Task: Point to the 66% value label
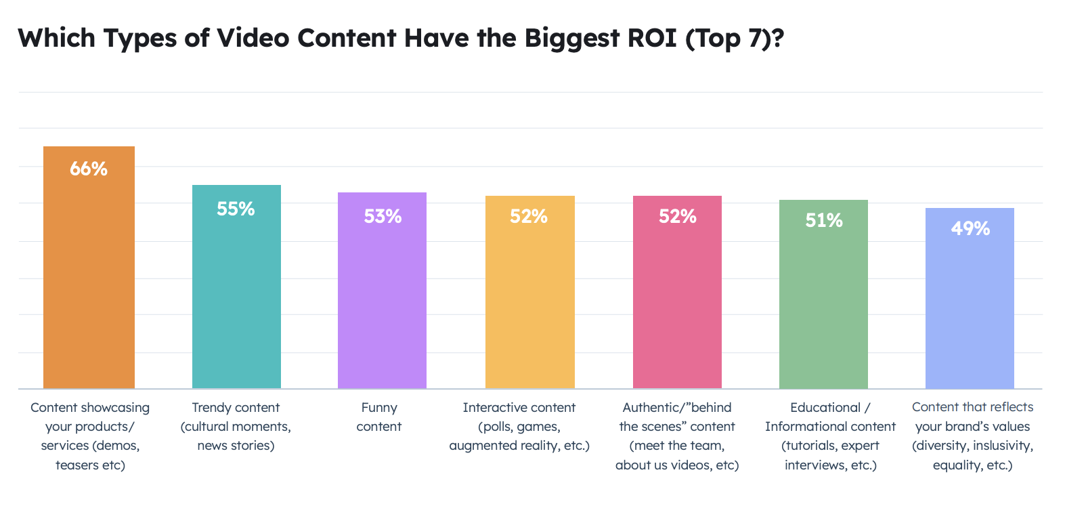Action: click(x=89, y=169)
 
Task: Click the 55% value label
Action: click(x=236, y=209)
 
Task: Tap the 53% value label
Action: click(x=383, y=216)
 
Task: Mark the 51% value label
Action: click(x=824, y=220)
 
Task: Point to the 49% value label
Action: click(x=970, y=228)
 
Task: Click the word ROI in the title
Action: click(x=651, y=39)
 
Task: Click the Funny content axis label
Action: click(x=379, y=417)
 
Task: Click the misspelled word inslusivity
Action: click(x=1003, y=446)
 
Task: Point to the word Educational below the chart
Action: click(x=824, y=407)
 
